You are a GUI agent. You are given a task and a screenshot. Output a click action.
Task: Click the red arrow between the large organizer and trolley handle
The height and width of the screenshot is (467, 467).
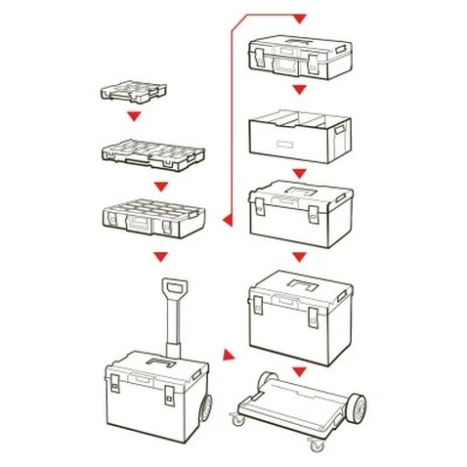(161, 257)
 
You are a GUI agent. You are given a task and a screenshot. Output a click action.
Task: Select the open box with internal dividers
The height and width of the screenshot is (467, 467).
(299, 135)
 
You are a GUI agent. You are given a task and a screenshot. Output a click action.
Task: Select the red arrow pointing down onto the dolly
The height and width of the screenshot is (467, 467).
(300, 371)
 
